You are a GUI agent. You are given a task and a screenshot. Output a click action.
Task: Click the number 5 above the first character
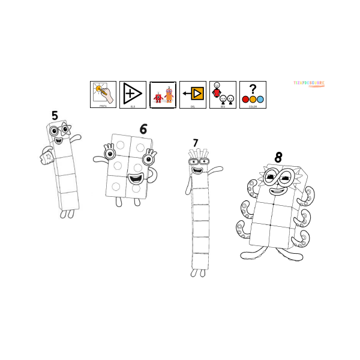(x=55, y=115)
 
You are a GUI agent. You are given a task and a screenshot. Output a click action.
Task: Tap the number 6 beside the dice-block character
(x=143, y=129)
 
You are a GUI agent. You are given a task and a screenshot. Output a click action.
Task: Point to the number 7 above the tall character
(x=195, y=143)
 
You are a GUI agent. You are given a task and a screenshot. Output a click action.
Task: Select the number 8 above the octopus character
(x=278, y=157)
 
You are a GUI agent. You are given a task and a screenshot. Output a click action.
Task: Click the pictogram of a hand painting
(x=103, y=94)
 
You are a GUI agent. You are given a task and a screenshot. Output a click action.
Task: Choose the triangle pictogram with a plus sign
(x=132, y=94)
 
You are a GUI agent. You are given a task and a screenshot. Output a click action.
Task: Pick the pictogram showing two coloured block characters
(x=163, y=95)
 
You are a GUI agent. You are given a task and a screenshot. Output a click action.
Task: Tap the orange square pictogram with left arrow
(x=193, y=94)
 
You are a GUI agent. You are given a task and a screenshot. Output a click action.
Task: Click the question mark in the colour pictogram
(x=253, y=88)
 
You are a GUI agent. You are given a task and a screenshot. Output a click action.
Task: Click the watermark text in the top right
(x=309, y=84)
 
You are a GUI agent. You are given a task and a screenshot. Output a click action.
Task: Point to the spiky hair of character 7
(x=197, y=153)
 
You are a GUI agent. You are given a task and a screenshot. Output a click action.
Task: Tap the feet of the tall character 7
(x=197, y=272)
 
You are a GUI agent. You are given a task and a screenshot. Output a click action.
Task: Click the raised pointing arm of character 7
(x=214, y=170)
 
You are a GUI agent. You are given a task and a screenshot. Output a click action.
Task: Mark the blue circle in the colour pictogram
(x=260, y=99)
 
